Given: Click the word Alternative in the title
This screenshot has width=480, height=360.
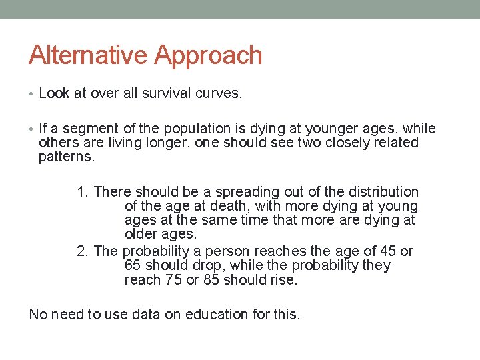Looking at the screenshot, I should coord(89,55).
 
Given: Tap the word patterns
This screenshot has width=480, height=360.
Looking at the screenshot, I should coord(67,157).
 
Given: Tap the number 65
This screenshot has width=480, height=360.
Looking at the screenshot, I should coord(132,265).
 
